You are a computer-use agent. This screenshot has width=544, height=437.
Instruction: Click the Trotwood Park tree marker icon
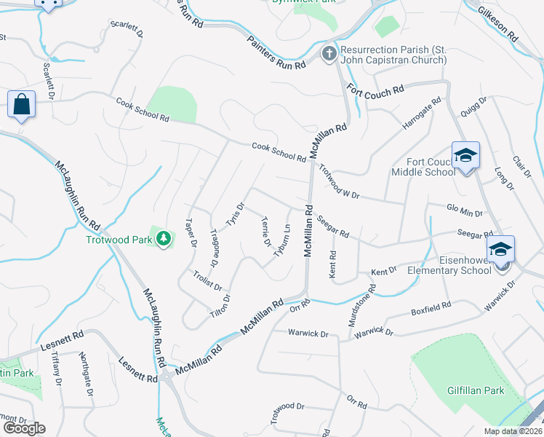tap(165, 239)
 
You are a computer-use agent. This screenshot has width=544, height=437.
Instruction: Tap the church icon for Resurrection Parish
tap(329, 54)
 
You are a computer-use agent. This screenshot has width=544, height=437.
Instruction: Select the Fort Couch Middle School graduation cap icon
tap(465, 156)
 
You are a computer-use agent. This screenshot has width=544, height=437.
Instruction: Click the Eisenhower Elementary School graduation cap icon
tap(500, 250)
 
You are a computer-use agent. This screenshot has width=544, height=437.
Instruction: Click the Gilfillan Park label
tap(476, 390)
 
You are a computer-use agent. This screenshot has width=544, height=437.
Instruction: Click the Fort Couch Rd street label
tap(375, 91)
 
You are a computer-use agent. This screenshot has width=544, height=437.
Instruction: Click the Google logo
tap(24, 428)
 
